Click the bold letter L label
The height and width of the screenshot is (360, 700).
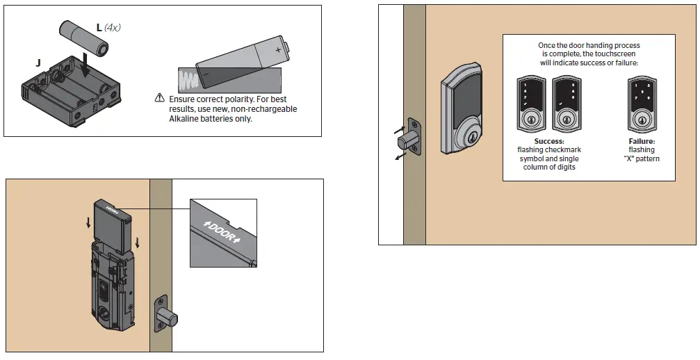99,27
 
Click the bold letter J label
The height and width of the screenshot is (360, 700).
38,63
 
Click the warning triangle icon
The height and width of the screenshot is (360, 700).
160,99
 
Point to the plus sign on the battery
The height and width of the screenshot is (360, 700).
279,50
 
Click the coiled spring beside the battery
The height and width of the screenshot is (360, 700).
188,79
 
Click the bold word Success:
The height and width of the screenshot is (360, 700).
549,141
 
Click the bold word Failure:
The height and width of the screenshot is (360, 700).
641,141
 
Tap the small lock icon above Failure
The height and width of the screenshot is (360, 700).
641,104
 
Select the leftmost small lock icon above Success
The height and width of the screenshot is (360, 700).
532,104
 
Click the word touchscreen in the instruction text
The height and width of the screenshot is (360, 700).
598,54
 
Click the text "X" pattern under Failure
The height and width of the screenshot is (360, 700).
642,159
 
